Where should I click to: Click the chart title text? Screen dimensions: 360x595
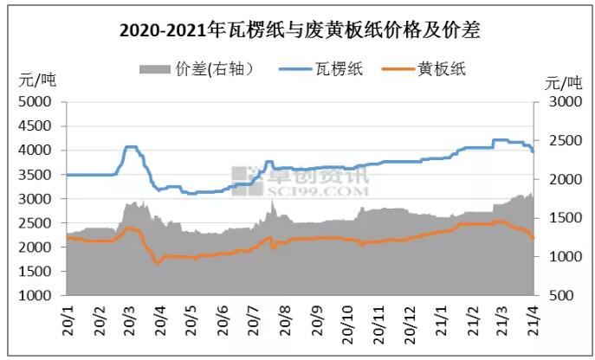[299, 31]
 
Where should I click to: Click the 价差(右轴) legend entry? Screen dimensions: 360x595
[198, 68]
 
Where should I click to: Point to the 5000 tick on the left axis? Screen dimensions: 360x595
[37, 101]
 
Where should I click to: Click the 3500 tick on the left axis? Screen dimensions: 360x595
[37, 175]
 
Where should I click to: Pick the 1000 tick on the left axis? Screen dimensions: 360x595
[37, 296]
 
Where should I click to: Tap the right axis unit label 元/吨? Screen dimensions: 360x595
[564, 82]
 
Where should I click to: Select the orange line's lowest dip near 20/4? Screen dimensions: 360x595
[158, 261]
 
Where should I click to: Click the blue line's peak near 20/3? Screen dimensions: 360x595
[131, 147]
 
